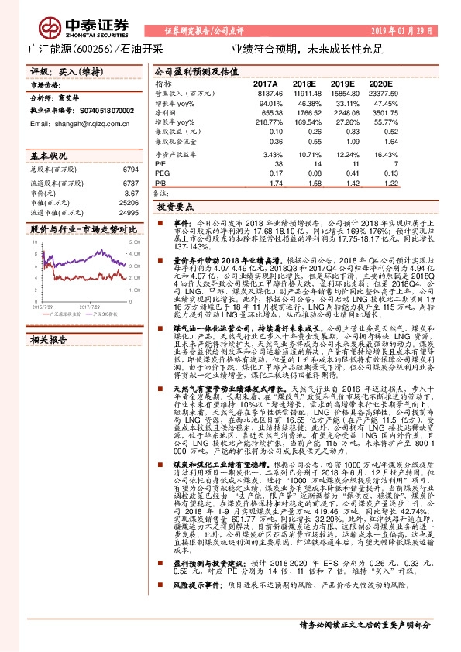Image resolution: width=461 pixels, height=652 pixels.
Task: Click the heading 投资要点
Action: pos(174,208)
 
